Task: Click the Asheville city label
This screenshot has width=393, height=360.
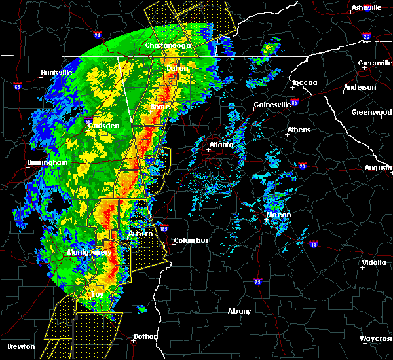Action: [x=366, y=7]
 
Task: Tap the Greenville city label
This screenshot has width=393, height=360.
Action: [x=375, y=63]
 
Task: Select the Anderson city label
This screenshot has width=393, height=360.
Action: [x=360, y=87]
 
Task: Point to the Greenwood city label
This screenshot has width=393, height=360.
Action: [x=371, y=112]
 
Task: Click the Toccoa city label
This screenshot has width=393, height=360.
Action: [x=305, y=83]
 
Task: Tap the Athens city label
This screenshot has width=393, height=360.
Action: [x=299, y=130]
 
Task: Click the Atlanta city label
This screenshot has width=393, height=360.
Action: [x=221, y=145]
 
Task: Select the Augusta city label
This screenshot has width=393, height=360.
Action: [x=378, y=168]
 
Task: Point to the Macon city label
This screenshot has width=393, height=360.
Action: [x=278, y=215]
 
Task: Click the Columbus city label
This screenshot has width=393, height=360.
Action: [x=191, y=240]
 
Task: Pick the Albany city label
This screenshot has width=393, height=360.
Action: [x=238, y=311]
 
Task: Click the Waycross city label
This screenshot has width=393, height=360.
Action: [x=376, y=338]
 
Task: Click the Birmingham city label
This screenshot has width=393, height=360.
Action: [x=48, y=162]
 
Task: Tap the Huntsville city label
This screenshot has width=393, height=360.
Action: [x=56, y=73]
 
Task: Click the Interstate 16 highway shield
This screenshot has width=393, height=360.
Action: [x=314, y=245]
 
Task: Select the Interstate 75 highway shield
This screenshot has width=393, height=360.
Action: [x=257, y=281]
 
